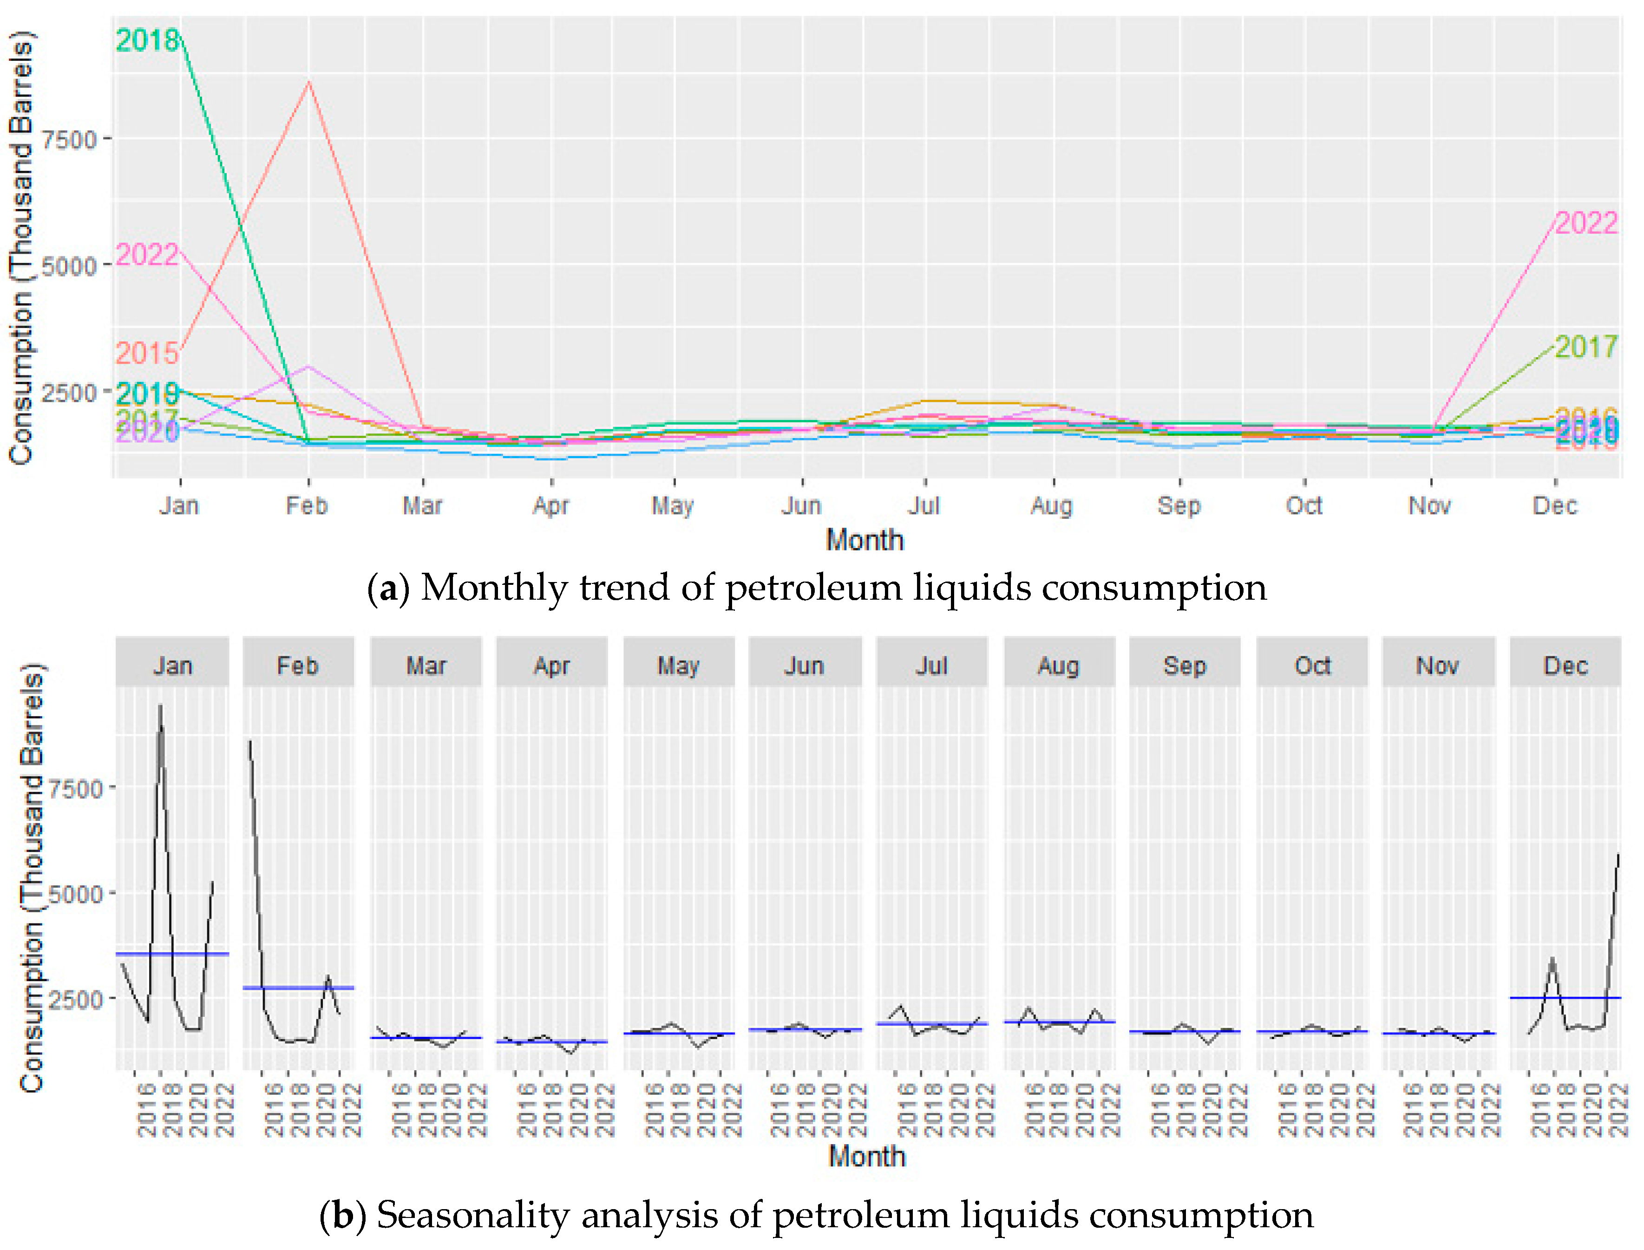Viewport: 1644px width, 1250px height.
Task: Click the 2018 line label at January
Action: coord(147,40)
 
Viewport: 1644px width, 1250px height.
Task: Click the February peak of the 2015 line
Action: coord(309,82)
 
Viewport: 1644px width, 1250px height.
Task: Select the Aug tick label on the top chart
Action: coord(1051,506)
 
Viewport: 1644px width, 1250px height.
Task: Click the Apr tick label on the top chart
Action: coord(550,506)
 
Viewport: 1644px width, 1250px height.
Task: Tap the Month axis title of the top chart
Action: coord(865,540)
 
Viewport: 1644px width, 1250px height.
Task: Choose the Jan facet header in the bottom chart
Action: coord(173,665)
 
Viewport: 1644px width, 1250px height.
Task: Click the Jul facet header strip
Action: coord(931,665)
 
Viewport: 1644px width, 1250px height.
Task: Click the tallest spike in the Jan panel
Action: coord(160,707)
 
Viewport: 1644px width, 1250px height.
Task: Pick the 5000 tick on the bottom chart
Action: coord(74,894)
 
